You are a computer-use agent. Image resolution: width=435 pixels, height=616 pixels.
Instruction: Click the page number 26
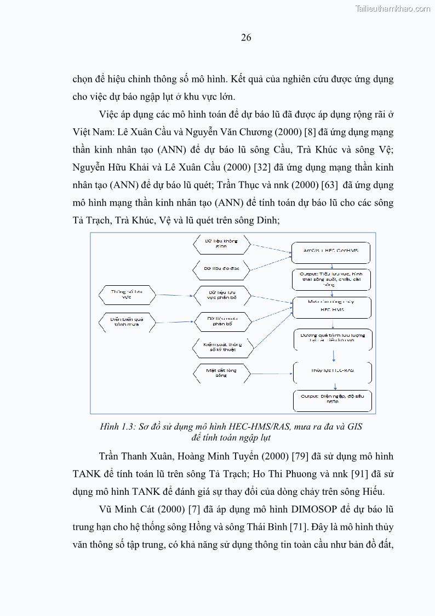(246, 38)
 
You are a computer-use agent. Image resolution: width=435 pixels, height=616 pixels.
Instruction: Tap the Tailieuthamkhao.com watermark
(392, 8)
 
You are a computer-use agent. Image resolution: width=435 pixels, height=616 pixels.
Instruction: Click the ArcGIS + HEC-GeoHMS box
(331, 252)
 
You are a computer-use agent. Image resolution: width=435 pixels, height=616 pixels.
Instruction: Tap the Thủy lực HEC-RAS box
(332, 371)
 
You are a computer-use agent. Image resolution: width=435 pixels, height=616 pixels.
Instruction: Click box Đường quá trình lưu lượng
(332, 338)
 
